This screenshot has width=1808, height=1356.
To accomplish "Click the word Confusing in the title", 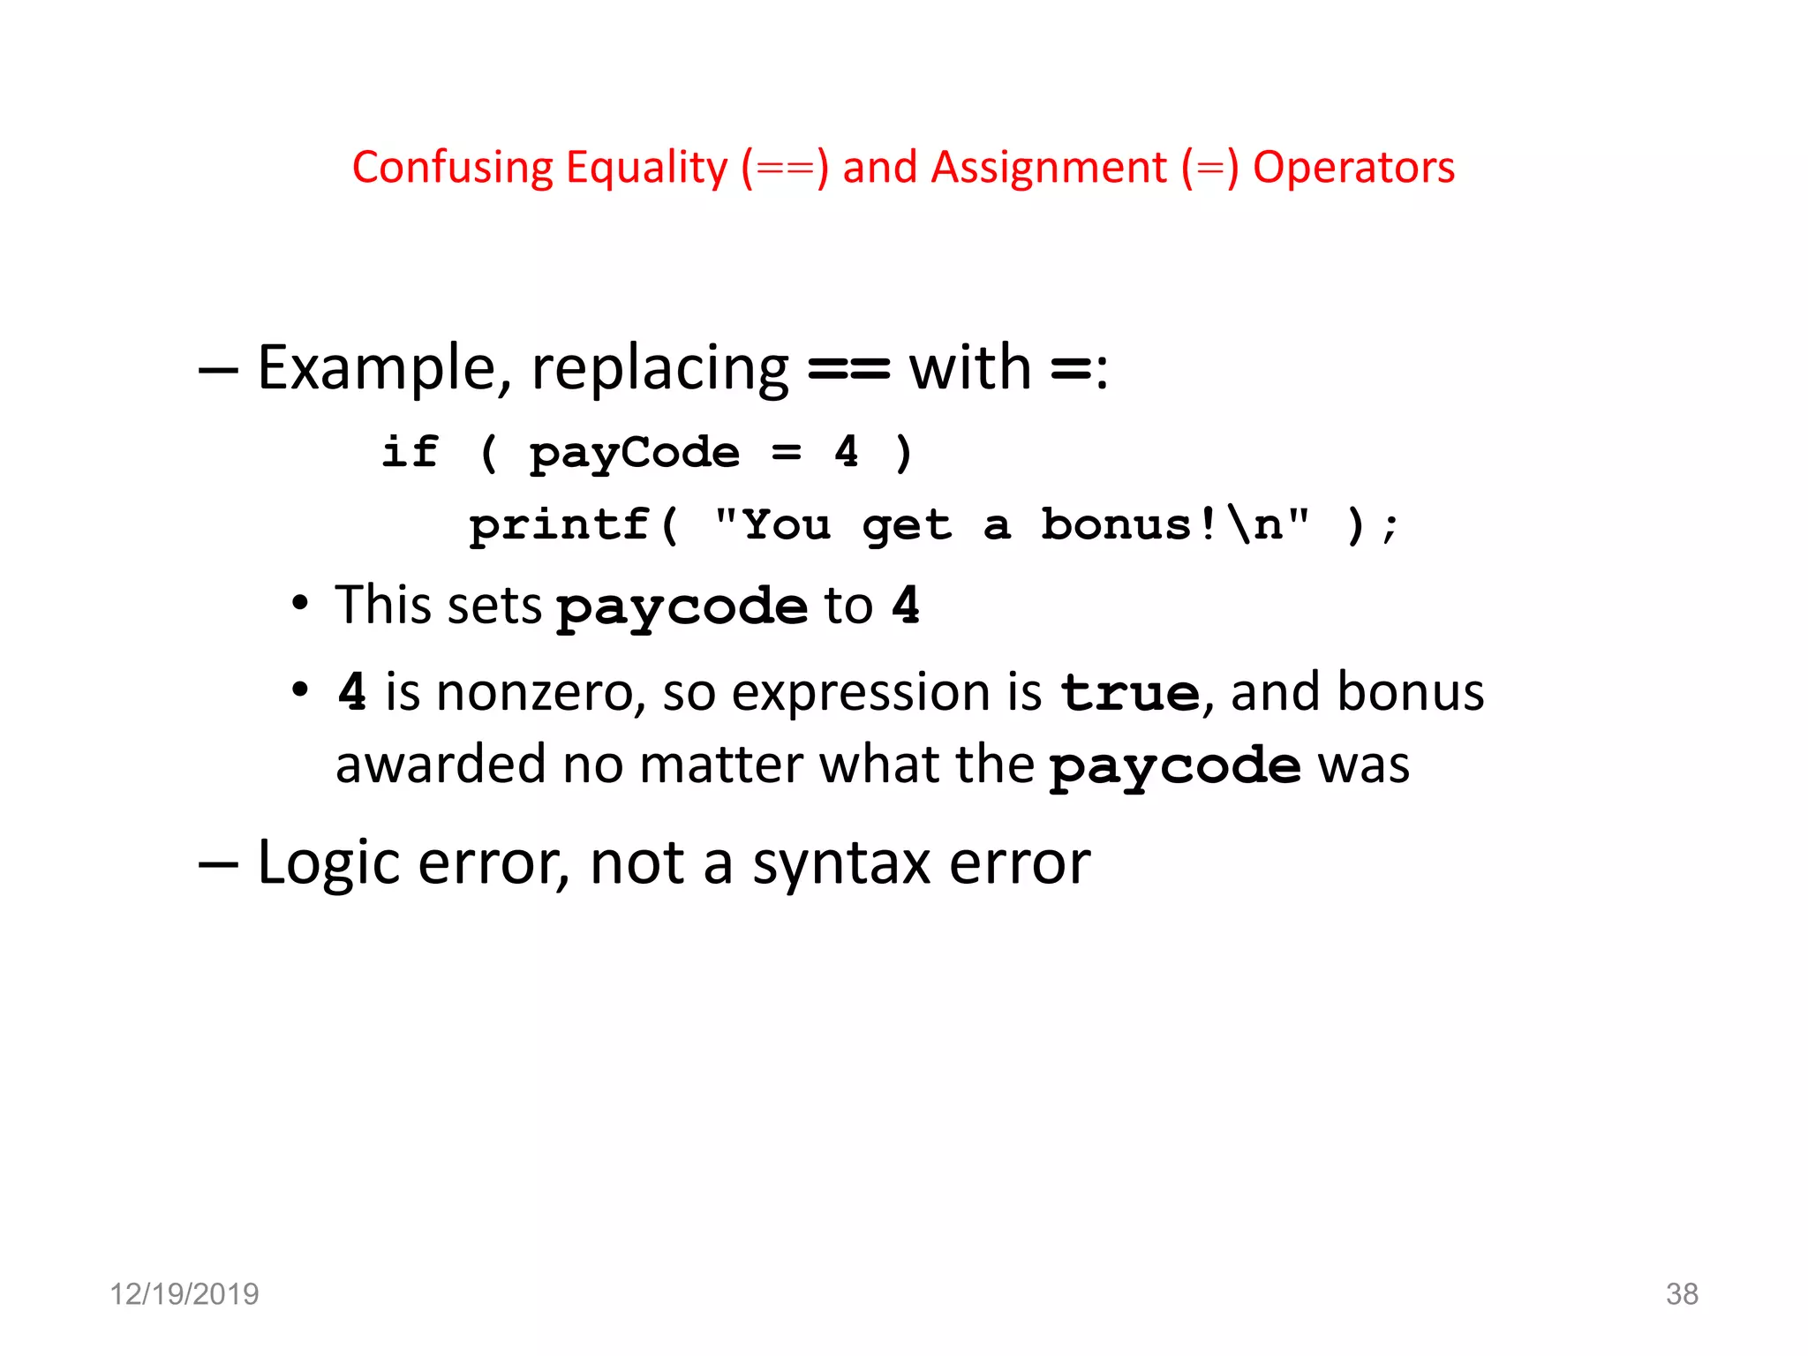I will click(x=451, y=168).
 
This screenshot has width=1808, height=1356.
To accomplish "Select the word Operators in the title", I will click(x=1353, y=168).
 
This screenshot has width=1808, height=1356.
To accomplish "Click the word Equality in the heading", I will click(x=646, y=168).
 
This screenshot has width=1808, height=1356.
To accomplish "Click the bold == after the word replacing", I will click(x=848, y=369).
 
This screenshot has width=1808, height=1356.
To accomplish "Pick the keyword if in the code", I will click(x=410, y=452).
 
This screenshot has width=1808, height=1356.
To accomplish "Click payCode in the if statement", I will click(x=634, y=454).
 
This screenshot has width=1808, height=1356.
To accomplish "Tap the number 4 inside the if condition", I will click(x=847, y=452).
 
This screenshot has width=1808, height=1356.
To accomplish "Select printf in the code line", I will click(x=560, y=525).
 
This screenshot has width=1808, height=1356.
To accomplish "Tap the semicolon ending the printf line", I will click(x=1390, y=528).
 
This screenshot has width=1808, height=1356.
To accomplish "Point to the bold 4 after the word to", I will click(x=906, y=606).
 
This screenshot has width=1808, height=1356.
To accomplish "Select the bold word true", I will click(x=1129, y=693).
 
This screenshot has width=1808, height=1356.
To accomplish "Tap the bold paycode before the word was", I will click(x=1174, y=766).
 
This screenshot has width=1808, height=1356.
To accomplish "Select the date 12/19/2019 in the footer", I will click(x=184, y=1294).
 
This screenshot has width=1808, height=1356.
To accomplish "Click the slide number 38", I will click(x=1681, y=1294).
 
